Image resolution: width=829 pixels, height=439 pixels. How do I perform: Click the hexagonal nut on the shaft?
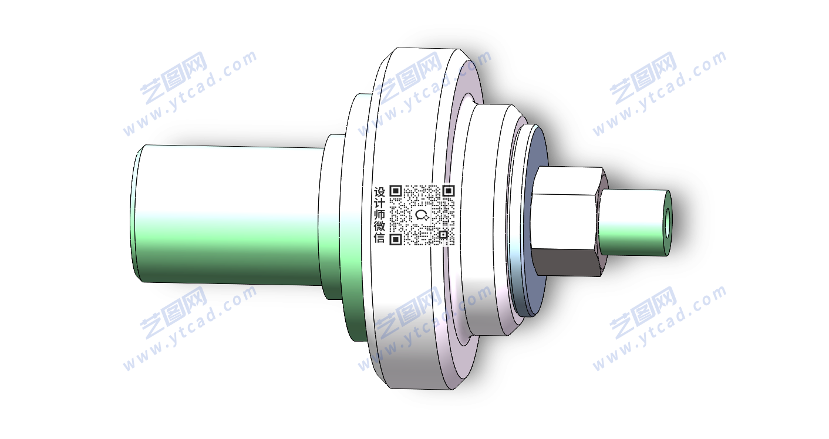pyautogui.click(x=568, y=221)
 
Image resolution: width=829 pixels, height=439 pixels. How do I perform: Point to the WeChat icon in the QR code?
pyautogui.click(x=422, y=215)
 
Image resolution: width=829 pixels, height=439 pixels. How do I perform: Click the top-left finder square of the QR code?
pyautogui.click(x=396, y=191)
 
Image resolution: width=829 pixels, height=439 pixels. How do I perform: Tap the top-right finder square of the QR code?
pyautogui.click(x=449, y=191)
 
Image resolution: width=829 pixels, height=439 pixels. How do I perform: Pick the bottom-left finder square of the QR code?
pyautogui.click(x=396, y=239)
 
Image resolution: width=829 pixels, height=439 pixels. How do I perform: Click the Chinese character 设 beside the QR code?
pyautogui.click(x=379, y=193)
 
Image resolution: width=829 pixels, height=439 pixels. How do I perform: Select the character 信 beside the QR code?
pyautogui.click(x=379, y=238)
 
